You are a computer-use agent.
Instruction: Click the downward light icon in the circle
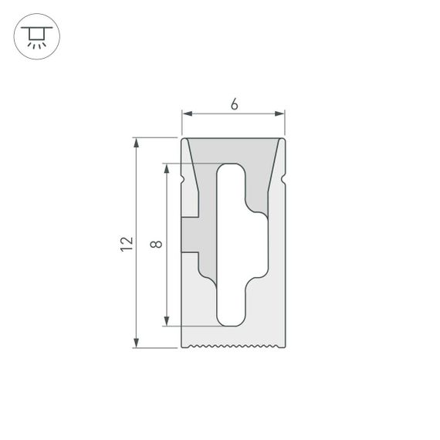(33, 36)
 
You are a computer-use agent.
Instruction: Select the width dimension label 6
(233, 105)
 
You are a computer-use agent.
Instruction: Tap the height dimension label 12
(127, 243)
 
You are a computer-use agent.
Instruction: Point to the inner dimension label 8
(157, 244)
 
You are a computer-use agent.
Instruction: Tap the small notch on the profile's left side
(184, 180)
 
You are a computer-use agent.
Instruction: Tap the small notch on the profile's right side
(283, 180)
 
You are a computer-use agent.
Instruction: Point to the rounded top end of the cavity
(231, 168)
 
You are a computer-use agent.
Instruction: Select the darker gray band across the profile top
(233, 150)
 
